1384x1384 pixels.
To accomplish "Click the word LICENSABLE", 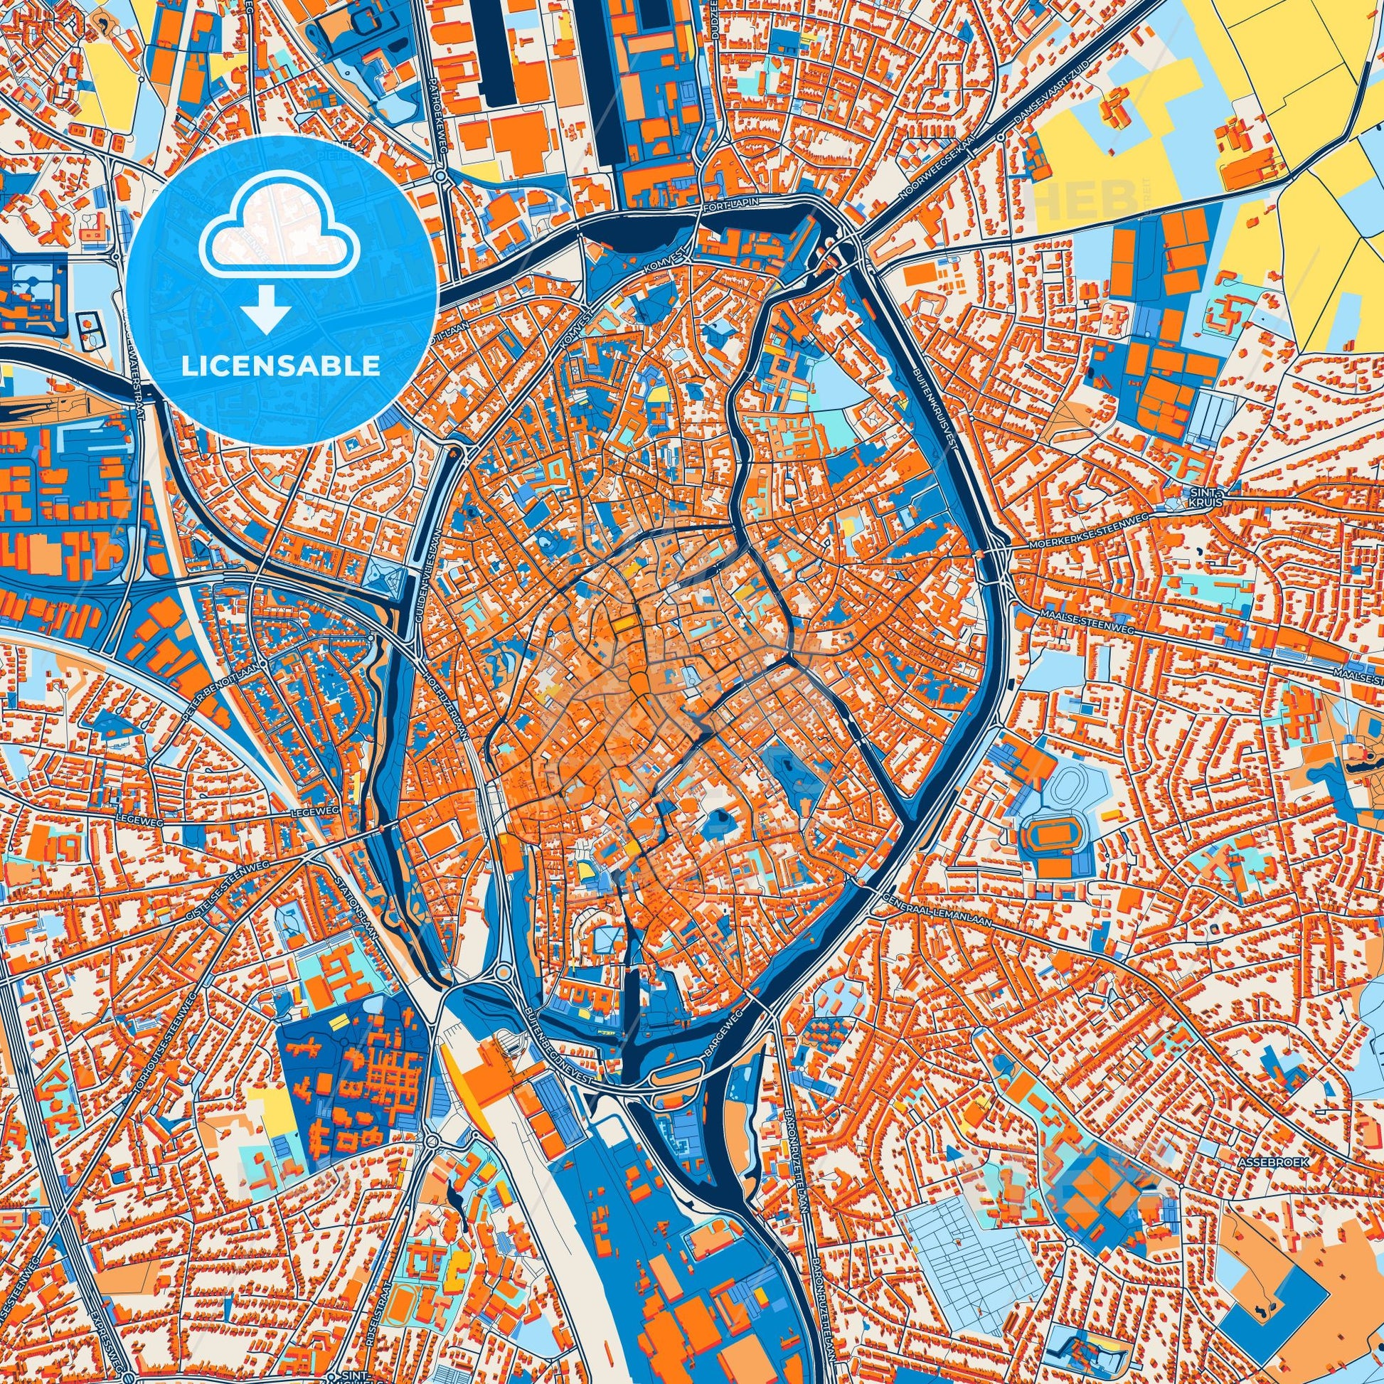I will coord(281,366).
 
